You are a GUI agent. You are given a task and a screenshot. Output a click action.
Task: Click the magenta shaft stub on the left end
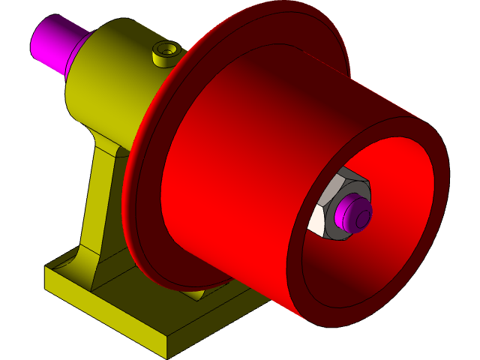(x=49, y=40)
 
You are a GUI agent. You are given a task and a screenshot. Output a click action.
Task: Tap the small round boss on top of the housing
(x=164, y=55)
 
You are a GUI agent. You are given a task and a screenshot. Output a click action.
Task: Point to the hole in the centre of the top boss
(x=166, y=49)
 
